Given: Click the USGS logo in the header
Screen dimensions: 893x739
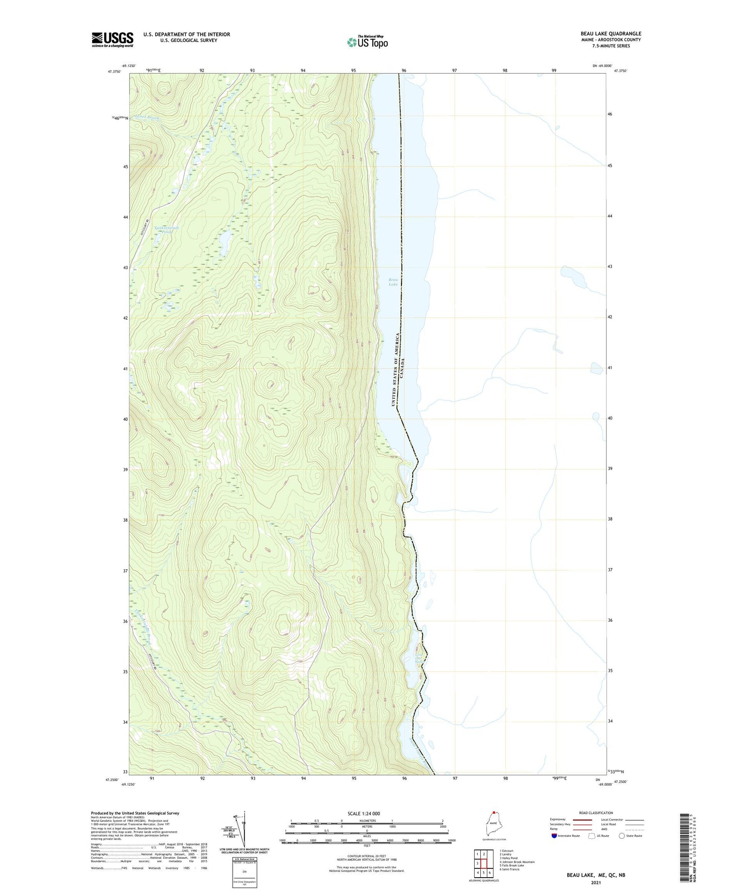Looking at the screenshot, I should coord(113,39).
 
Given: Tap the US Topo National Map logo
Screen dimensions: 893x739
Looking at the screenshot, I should coord(367,41).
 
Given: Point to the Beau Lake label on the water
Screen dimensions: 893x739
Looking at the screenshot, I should coord(393,282).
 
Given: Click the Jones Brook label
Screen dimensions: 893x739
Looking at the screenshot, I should coord(147,118).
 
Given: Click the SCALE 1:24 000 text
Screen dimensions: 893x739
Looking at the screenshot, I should coord(363,814).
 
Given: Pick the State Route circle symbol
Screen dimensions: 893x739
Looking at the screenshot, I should coord(622,836).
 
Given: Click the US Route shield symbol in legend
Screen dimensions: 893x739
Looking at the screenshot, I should coord(592,836).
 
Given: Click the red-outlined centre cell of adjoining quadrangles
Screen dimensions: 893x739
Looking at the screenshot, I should coord(484,863).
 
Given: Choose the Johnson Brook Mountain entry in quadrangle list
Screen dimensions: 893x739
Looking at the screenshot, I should coord(518,862).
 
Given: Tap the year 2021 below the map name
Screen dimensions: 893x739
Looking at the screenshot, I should coord(595,882).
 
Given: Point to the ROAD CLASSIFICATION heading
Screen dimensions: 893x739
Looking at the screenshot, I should coord(596,813).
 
